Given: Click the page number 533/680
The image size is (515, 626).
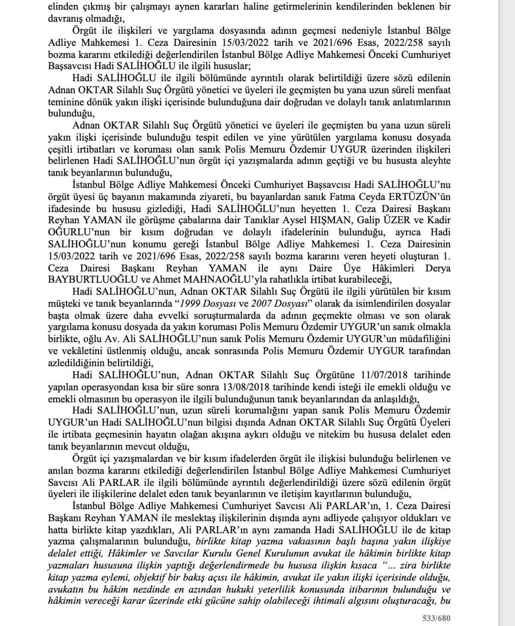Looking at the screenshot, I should point(436,619).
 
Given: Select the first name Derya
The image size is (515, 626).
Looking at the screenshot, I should point(438,268).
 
